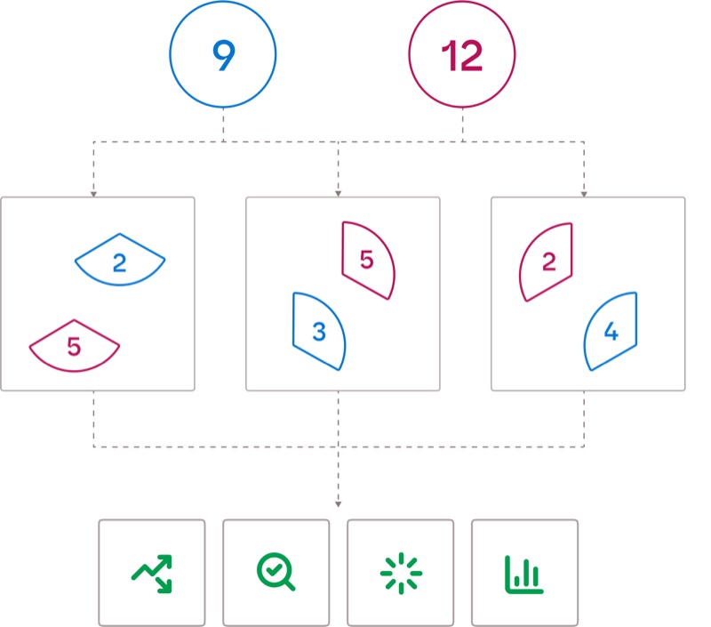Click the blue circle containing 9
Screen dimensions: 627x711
(223, 56)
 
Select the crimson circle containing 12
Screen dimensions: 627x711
(461, 56)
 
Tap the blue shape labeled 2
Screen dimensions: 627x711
(120, 260)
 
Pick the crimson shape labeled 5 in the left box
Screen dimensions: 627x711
(75, 345)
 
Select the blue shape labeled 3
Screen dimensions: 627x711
(319, 331)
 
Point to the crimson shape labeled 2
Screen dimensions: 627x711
(546, 261)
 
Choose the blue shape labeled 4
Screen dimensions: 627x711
(611, 331)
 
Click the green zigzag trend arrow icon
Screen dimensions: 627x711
(152, 573)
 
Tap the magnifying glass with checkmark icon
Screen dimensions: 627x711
(276, 573)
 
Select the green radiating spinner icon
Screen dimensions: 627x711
(400, 573)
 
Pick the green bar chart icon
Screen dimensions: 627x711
(523, 573)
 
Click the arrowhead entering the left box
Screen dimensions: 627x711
(93, 193)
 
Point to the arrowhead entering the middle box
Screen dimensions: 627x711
(339, 193)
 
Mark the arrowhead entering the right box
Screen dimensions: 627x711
(584, 193)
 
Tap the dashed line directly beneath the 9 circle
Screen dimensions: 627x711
(223, 125)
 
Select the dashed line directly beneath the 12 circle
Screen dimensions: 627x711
(461, 125)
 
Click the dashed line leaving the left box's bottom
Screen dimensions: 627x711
(93, 418)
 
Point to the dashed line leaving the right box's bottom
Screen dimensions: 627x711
(584, 418)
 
